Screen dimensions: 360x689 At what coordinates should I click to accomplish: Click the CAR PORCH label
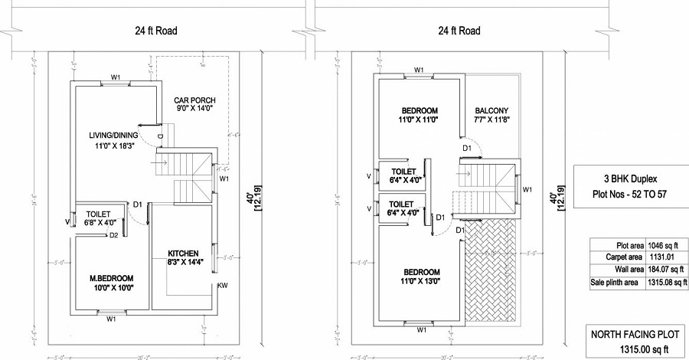(x=195, y=100)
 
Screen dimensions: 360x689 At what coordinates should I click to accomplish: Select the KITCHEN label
(x=184, y=253)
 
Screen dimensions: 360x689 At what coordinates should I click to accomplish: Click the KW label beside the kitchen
(x=222, y=286)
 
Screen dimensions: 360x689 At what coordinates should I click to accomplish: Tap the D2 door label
(x=113, y=234)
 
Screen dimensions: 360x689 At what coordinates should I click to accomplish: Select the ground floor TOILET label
(x=99, y=214)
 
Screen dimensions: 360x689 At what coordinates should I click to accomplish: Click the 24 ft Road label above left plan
(x=151, y=31)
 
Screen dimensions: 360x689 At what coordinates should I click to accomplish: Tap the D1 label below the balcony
(x=467, y=147)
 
